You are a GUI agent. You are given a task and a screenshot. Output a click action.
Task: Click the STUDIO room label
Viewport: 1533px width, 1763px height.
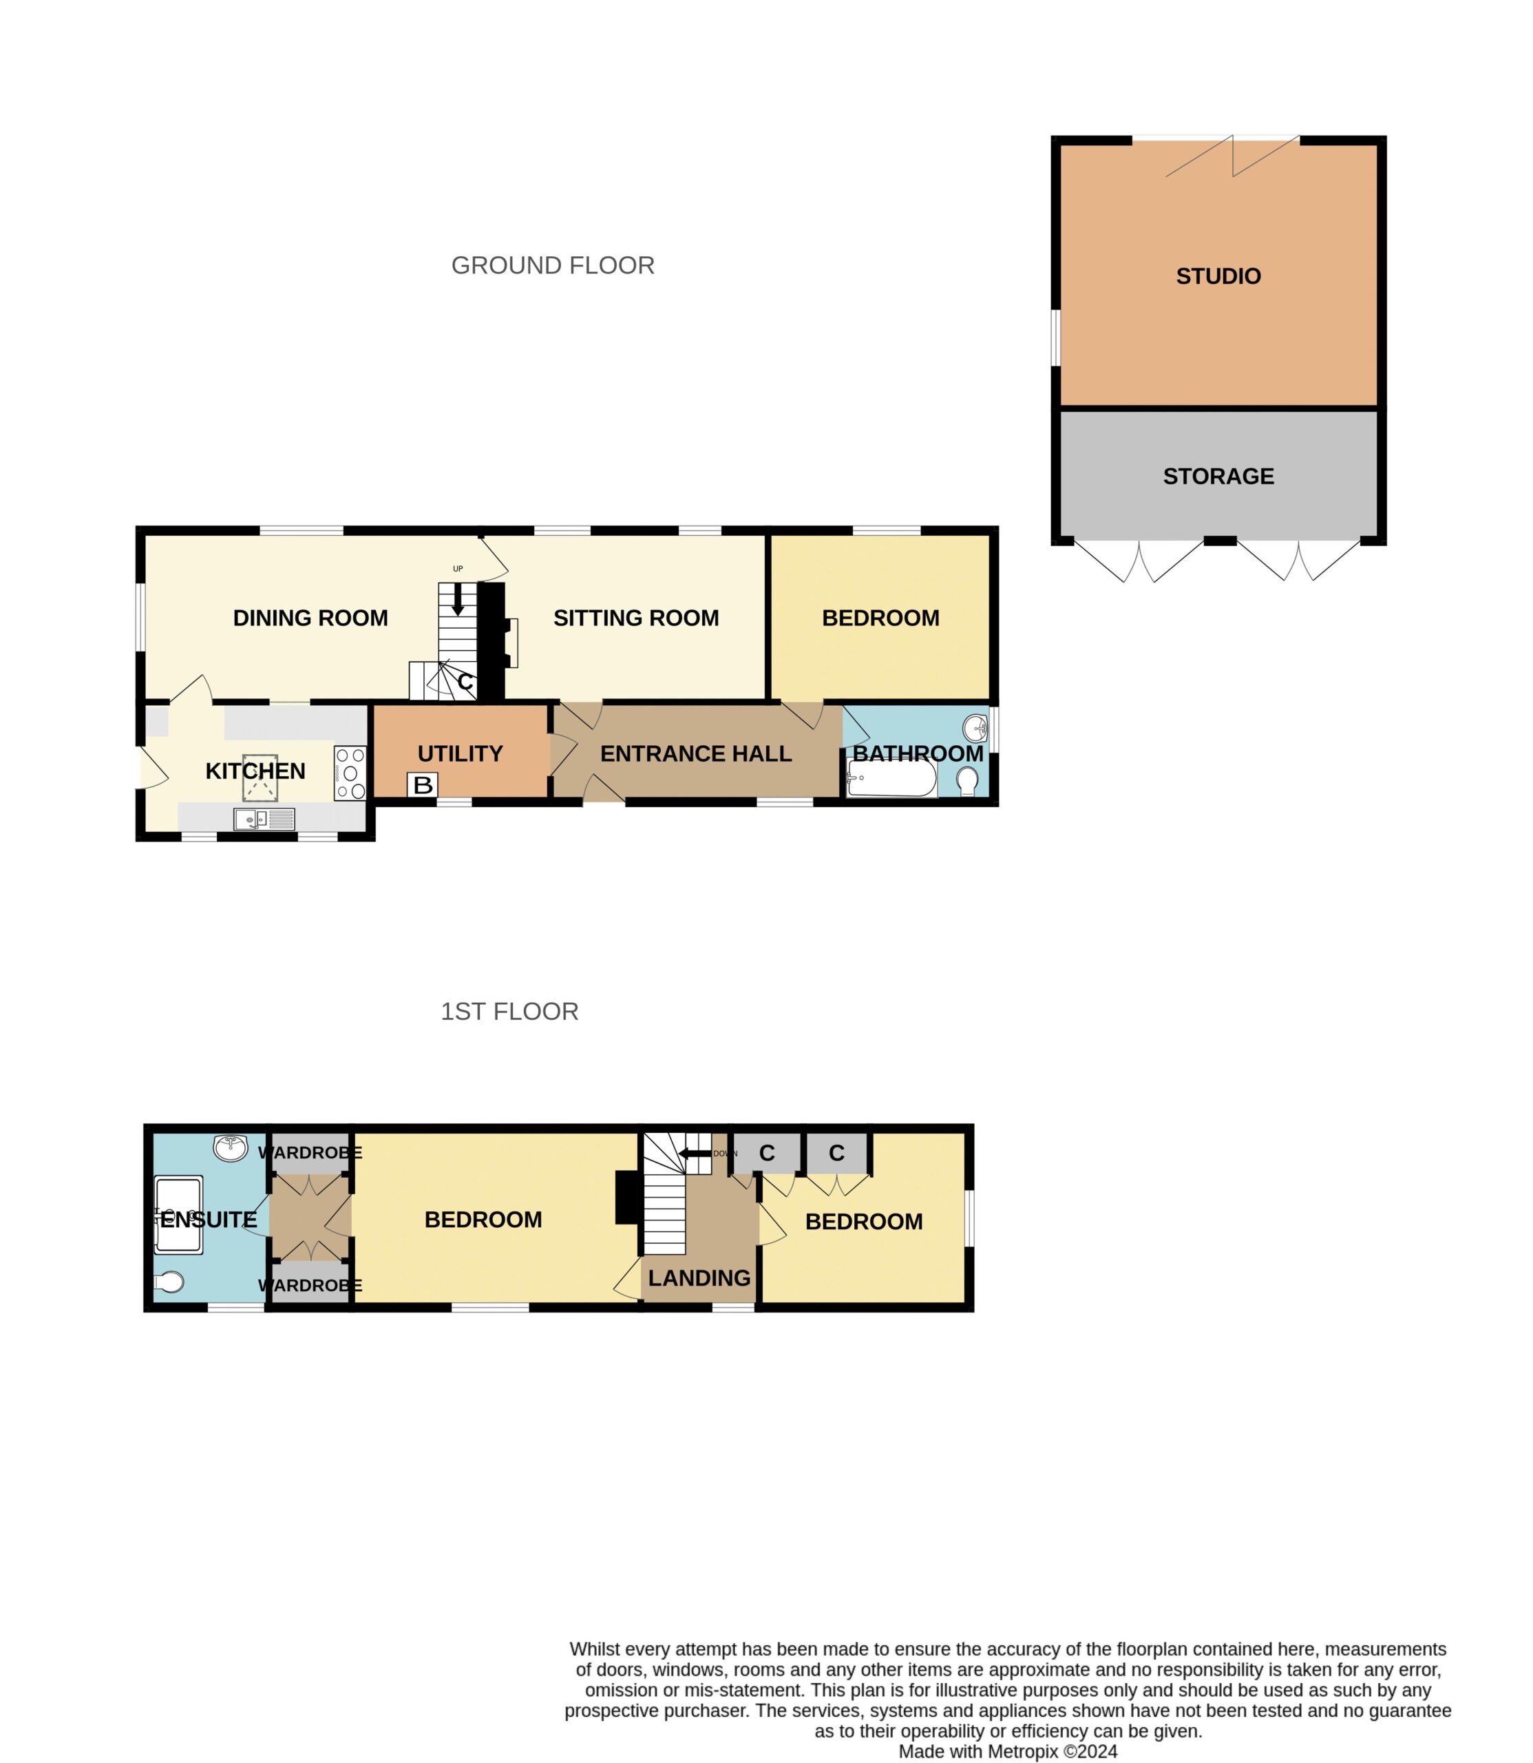1218,276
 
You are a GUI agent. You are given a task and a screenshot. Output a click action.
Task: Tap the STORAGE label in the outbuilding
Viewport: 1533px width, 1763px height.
1218,476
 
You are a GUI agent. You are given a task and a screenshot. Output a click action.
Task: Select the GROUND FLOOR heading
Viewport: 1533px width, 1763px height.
553,265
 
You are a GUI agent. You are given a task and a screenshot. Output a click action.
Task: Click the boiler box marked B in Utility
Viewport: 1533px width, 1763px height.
423,785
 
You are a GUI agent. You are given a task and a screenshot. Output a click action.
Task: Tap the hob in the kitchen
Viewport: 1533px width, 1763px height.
350,773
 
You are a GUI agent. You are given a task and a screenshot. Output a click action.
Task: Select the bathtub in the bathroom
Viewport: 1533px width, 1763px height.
891,779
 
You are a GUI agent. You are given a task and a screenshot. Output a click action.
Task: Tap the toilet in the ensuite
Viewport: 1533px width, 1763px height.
169,1281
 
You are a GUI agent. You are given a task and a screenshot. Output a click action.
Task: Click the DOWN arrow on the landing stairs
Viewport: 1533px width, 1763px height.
695,1154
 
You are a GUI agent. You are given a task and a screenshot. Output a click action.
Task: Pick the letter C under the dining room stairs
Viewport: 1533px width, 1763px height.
465,682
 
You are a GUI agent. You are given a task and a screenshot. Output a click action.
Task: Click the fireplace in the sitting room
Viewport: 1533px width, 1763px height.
511,642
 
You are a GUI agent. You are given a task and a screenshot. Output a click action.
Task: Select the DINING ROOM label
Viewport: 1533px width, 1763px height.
310,618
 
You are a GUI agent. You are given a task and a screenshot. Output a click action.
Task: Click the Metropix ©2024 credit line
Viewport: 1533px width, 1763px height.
1008,1752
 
